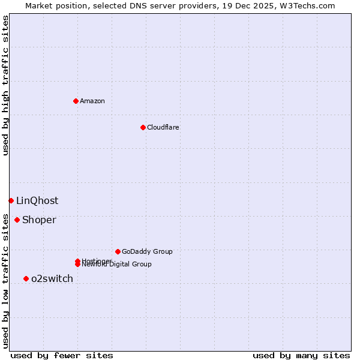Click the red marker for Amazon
point(76,101)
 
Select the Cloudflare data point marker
point(143,127)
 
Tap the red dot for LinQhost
point(11,200)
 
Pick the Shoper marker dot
point(17,220)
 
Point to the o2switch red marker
point(26,278)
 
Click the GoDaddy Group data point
point(118,251)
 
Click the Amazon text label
point(92,101)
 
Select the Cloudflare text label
point(163,127)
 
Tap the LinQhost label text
point(37,200)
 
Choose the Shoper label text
point(39,220)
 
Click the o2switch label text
point(52,278)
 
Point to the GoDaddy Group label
point(147,251)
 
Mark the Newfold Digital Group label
point(118,265)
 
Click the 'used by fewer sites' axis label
point(62,355)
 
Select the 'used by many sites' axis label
point(301,355)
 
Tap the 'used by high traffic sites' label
point(5,85)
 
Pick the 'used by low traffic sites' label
point(5,280)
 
